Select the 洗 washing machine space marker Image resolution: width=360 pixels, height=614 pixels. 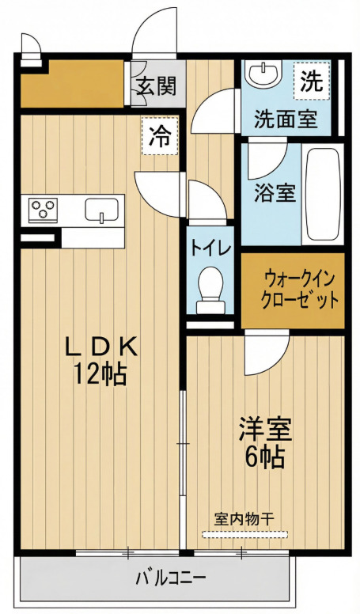[311, 81]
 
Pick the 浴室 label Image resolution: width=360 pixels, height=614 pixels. [275, 192]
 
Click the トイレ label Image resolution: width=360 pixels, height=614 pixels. [210, 248]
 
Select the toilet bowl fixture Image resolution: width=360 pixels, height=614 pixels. [210, 287]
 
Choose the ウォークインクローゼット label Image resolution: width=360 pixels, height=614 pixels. [293, 290]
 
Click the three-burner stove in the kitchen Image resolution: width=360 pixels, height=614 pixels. [44, 209]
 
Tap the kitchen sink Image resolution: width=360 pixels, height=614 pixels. [101, 210]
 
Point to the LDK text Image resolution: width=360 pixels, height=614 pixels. [100, 346]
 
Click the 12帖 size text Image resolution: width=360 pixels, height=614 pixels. [100, 373]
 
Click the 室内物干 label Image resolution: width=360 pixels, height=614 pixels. [244, 518]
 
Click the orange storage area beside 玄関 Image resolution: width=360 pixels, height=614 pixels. [72, 83]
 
